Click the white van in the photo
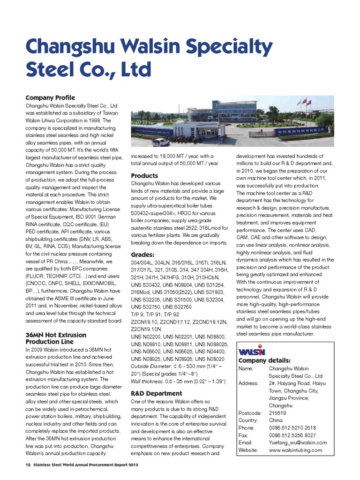[161, 142]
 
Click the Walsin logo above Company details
[252, 351]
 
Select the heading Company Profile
[50, 97]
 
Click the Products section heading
[144, 175]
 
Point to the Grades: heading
[142, 255]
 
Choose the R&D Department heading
[156, 393]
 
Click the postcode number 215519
[277, 413]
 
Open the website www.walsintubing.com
[295, 450]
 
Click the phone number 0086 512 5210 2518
[292, 428]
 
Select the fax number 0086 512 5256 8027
[292, 435]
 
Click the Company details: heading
[264, 360]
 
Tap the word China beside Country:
[276, 420]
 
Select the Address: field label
[248, 383]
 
